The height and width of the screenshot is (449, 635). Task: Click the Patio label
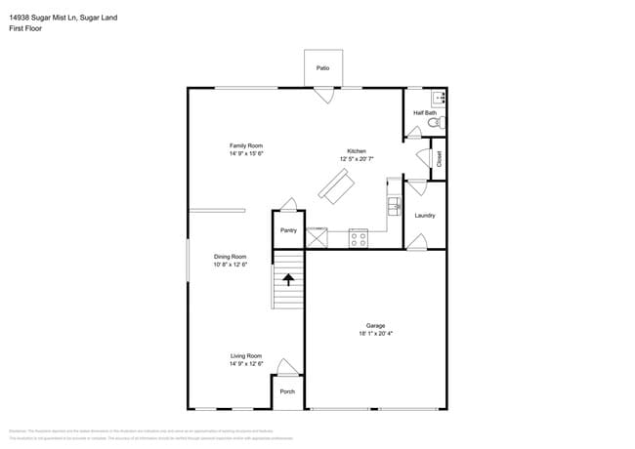[322, 68]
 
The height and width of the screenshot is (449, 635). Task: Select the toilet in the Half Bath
[439, 122]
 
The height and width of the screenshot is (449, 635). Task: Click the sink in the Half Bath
[439, 98]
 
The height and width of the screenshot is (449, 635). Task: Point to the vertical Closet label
[440, 158]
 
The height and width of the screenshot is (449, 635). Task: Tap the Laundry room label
[425, 215]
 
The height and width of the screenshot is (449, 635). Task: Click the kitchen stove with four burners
[358, 237]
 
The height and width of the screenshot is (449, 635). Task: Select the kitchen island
[336, 187]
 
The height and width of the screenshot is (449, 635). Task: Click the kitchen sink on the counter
[394, 206]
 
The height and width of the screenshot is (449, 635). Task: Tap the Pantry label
[288, 230]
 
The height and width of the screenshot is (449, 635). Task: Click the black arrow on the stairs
[288, 279]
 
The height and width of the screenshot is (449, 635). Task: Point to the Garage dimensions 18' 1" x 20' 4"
[376, 334]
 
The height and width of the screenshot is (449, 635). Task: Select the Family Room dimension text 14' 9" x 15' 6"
[247, 153]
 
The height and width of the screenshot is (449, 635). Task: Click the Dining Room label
[230, 256]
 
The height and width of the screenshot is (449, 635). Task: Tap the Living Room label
[246, 355]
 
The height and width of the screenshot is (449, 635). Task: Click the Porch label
[287, 391]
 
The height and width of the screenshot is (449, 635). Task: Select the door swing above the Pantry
[288, 205]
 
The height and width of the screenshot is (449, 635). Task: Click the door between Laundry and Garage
[416, 241]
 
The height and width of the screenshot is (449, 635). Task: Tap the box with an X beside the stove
[317, 237]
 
